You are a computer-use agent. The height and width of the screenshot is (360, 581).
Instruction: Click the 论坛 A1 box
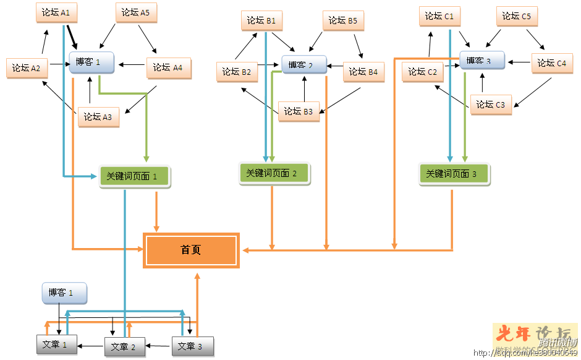click(x=56, y=13)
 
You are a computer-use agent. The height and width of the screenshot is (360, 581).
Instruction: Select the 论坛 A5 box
click(x=135, y=13)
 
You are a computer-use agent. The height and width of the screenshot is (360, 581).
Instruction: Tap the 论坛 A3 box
click(x=98, y=117)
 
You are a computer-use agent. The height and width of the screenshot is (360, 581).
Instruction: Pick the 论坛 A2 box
click(x=27, y=68)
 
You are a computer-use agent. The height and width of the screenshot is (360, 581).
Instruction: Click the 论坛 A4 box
click(x=168, y=68)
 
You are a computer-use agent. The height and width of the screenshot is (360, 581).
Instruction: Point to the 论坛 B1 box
click(x=261, y=21)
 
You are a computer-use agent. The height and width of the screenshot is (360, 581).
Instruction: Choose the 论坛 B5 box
click(x=343, y=21)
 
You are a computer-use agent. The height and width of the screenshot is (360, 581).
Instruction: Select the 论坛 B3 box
click(x=299, y=112)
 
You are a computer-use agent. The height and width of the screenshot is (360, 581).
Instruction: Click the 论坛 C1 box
click(x=439, y=17)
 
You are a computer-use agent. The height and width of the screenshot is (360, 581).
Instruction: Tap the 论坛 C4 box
click(x=552, y=63)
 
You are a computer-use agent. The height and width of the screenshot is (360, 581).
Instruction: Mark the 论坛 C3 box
click(x=491, y=105)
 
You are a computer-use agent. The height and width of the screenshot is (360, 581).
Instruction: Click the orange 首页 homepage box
click(x=191, y=251)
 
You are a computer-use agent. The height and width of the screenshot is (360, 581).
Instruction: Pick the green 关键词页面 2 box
click(x=274, y=174)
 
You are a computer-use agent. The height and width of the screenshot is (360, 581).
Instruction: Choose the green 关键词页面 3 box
click(x=454, y=174)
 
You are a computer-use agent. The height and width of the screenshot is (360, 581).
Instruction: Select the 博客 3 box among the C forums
click(x=482, y=61)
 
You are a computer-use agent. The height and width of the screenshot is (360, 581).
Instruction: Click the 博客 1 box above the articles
click(x=64, y=293)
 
